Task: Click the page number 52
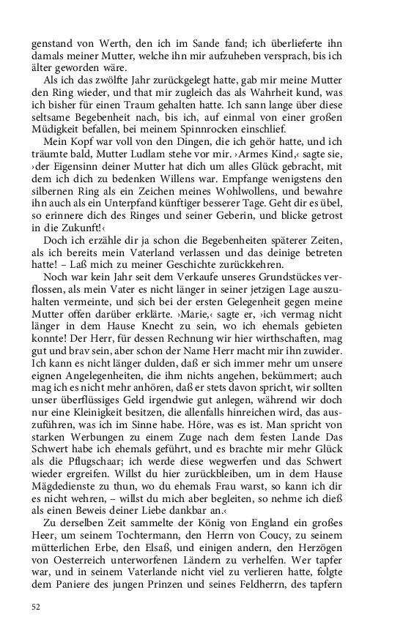(35, 607)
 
